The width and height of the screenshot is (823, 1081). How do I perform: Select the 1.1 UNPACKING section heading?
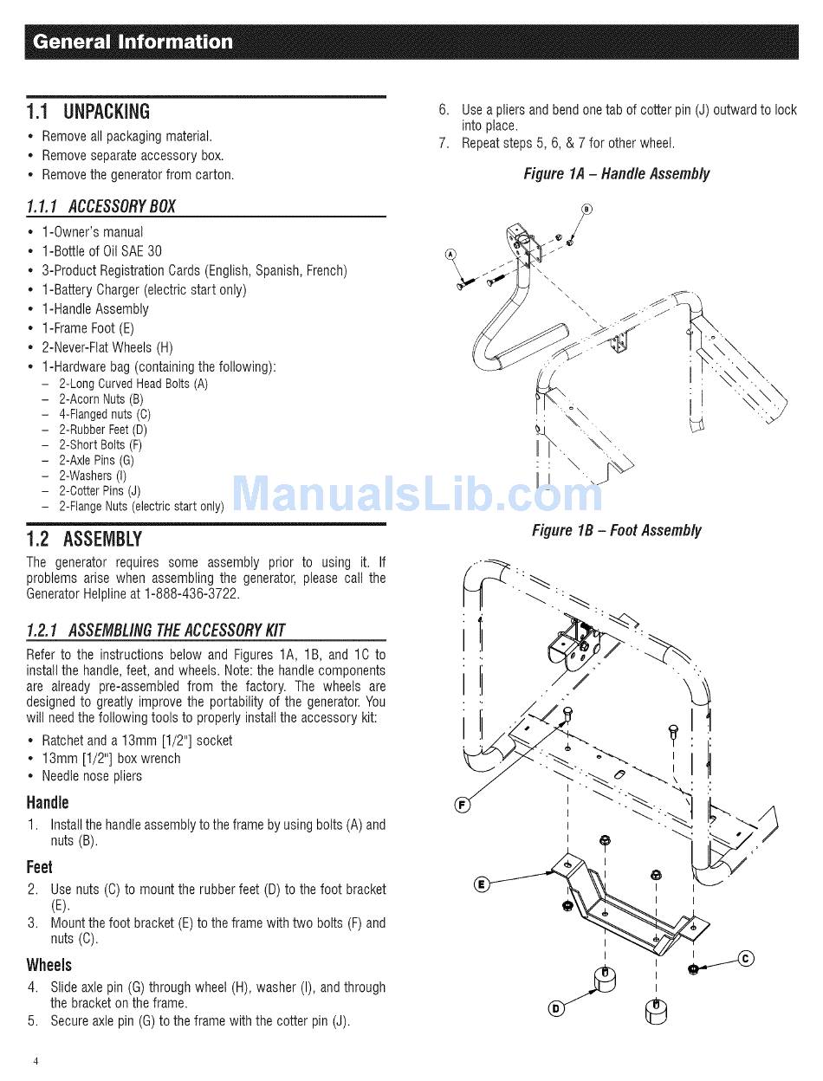[x=88, y=112]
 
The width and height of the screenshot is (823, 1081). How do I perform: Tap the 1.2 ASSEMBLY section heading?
[x=84, y=539]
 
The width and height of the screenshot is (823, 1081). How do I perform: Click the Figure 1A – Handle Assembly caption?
[x=616, y=174]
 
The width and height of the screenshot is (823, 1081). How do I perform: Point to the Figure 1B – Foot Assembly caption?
[x=616, y=530]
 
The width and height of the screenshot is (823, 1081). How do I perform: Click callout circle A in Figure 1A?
[x=450, y=255]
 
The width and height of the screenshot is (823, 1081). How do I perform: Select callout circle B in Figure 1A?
[x=586, y=209]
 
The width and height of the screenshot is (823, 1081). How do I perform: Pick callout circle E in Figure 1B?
[x=483, y=884]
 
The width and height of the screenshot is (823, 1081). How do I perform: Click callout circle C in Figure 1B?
[x=746, y=958]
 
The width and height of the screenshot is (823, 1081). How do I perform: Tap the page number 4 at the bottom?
[x=36, y=1061]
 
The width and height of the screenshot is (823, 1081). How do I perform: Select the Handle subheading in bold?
[x=48, y=802]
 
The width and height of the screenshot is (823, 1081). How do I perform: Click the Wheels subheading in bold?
[x=49, y=964]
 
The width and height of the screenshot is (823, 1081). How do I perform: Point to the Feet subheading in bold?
[x=40, y=866]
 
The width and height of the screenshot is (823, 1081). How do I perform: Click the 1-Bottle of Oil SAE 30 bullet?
[x=101, y=251]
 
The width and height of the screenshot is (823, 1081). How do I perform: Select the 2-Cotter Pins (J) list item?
[x=100, y=490]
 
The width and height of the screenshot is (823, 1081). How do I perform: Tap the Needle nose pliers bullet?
[x=92, y=776]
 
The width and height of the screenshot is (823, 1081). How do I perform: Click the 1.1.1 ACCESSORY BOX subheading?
[x=101, y=206]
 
